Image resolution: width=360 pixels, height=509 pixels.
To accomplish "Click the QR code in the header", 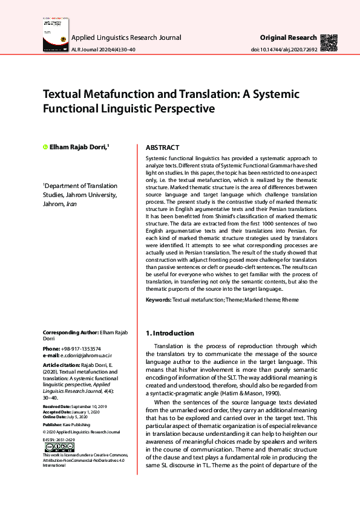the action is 329,42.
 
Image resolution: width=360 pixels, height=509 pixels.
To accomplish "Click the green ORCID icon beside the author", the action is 45,147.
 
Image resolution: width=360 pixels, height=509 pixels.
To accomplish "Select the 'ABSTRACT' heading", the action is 163,148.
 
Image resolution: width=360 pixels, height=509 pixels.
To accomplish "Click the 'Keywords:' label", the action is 159,300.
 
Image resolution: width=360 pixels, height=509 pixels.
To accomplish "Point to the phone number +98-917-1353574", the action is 80,349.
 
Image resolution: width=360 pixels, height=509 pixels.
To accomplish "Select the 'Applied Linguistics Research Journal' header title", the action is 126,37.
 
